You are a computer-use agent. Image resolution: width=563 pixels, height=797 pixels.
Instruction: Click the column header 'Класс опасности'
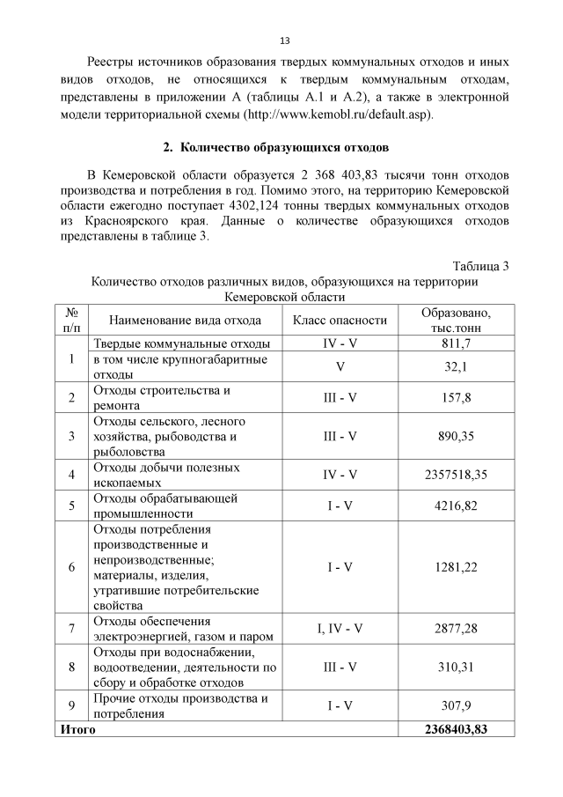click(340, 320)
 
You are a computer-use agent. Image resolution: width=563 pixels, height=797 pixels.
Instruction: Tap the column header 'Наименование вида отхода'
click(185, 320)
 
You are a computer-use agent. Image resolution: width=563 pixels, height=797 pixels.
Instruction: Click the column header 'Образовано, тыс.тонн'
click(456, 320)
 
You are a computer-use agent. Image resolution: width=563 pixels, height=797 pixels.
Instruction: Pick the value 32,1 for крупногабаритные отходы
click(456, 366)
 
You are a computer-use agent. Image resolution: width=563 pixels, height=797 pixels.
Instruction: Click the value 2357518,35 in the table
click(456, 475)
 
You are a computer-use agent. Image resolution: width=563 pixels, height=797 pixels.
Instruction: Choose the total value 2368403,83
click(456, 728)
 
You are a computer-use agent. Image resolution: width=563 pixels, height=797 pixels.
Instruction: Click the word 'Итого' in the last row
click(77, 728)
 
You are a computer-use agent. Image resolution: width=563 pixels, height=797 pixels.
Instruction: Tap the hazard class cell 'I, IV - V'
click(340, 628)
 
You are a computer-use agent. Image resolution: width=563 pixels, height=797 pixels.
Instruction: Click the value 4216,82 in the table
click(456, 506)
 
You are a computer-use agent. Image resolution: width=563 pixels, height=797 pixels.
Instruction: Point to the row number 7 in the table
click(71, 628)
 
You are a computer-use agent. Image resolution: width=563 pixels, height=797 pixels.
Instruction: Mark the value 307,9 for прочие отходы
click(456, 705)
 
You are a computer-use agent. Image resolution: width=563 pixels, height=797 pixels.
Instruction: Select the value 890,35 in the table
click(456, 436)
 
